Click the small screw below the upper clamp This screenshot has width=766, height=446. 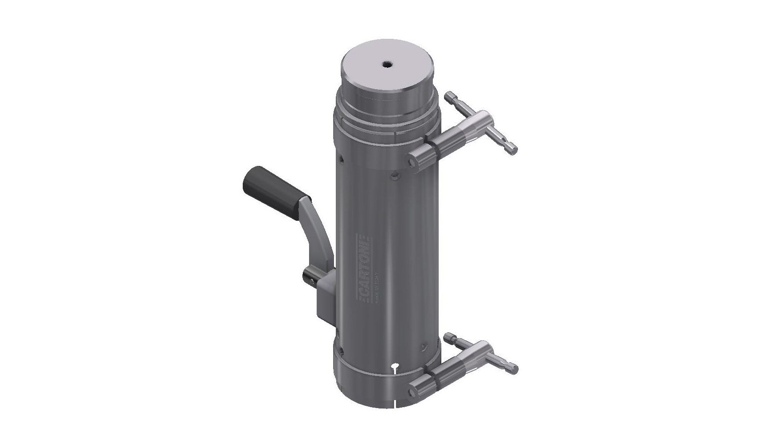coord(394,178)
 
